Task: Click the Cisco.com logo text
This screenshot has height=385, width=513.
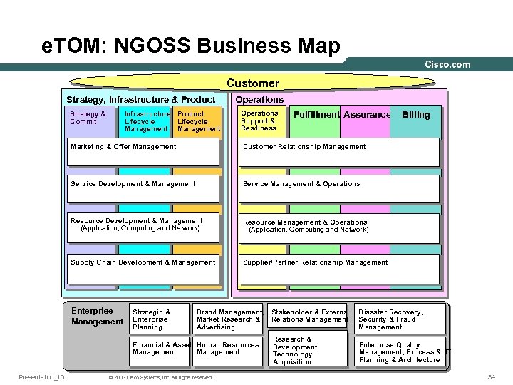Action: pos(447,64)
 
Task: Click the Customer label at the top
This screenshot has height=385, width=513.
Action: pos(253,83)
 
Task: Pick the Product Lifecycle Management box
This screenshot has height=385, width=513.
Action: pos(197,121)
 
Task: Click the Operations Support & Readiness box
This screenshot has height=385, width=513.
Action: pos(261,121)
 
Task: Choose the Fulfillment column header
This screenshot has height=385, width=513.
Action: pos(316,115)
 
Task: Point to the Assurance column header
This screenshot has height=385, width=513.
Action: pos(366,115)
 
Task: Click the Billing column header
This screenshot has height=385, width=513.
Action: pos(416,115)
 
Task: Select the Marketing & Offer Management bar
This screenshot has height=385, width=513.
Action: pos(143,151)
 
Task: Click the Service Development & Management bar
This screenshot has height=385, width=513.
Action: pos(143,188)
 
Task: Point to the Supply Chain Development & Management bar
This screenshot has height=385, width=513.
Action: pos(143,268)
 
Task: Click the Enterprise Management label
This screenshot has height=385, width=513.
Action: pos(97,316)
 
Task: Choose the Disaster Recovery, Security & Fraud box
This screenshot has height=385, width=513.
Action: pos(400,319)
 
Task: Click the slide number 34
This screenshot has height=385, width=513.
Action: pos(491,376)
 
